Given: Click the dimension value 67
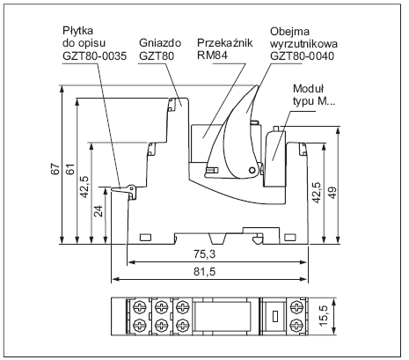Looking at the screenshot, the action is tap(55, 169).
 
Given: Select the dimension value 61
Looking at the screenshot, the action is tap(70, 169).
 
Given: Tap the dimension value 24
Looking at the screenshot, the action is tap(99, 210).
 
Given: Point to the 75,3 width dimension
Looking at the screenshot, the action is tap(204, 253).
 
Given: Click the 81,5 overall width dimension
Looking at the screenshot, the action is tap(204, 271).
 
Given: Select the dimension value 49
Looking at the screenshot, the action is tap(333, 193).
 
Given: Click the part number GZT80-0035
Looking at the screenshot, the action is tap(94, 55).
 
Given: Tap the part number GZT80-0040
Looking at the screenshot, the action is tap(302, 55).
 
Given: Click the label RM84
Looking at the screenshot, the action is tap(212, 55).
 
